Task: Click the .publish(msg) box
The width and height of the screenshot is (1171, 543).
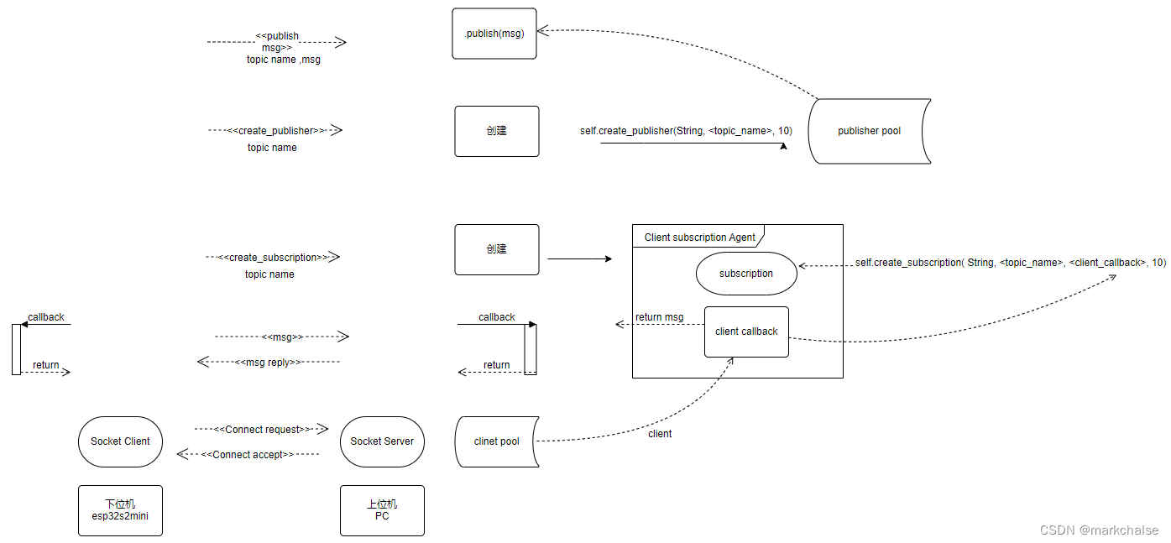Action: [494, 34]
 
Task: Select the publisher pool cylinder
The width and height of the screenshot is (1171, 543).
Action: [869, 131]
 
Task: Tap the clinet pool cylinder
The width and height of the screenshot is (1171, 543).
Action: [496, 441]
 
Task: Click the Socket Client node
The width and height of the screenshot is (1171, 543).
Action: [120, 441]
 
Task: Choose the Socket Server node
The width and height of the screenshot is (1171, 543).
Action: [382, 441]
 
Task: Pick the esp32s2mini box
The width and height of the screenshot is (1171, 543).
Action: [120, 510]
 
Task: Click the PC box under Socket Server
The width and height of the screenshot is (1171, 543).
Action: [382, 510]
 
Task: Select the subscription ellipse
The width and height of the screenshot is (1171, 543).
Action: [746, 274]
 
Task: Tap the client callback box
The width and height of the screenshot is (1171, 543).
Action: [746, 332]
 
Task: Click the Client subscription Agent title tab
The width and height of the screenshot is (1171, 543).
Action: [699, 238]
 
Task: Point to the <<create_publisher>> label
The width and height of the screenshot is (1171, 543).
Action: [275, 131]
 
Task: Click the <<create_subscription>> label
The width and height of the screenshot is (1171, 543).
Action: [273, 258]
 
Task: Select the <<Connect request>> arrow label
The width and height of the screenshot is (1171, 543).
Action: [261, 430]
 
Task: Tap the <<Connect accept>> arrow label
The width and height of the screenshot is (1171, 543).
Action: [248, 455]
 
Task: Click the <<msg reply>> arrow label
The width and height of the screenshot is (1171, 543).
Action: [268, 363]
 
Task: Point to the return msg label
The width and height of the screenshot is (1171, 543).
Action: [659, 317]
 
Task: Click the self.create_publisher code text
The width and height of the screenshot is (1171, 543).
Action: [686, 131]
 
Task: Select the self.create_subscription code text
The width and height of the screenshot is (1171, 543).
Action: [1010, 263]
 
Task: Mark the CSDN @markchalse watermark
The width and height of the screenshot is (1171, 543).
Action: [1099, 530]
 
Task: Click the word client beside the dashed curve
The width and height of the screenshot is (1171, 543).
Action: [660, 434]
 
